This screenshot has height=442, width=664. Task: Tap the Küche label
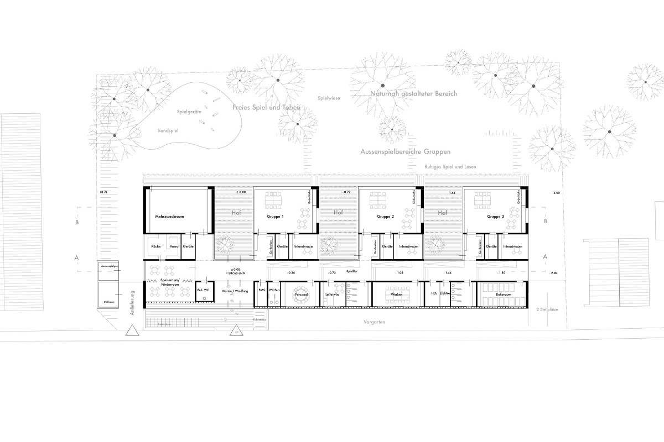tap(156, 247)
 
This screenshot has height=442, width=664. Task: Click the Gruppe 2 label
tap(385, 217)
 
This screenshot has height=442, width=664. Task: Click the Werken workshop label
tap(395, 296)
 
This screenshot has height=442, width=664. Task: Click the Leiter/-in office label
tap(332, 296)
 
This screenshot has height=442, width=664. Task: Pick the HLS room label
tap(434, 296)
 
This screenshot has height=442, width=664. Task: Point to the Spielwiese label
tap(329, 98)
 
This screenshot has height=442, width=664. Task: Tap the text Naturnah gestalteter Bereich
tap(414, 94)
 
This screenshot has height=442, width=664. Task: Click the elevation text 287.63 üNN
tap(229, 273)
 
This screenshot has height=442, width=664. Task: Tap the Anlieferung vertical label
tap(133, 303)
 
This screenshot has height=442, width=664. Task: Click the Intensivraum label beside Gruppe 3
tap(512, 247)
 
